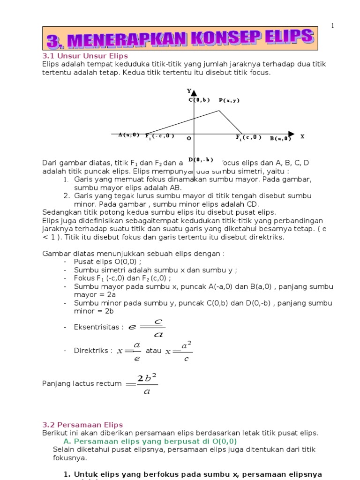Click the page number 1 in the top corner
click(332, 26)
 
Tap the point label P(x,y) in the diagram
click(229, 100)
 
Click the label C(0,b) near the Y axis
click(199, 100)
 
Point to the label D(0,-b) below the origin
click(201, 159)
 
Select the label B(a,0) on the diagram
click(280, 138)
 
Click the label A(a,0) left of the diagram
click(128, 135)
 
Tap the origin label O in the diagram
click(188, 138)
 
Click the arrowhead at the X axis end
click(291, 134)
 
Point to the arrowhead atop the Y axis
click(194, 93)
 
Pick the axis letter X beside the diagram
click(302, 136)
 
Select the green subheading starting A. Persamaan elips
click(150, 441)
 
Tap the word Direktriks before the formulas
click(93, 351)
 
